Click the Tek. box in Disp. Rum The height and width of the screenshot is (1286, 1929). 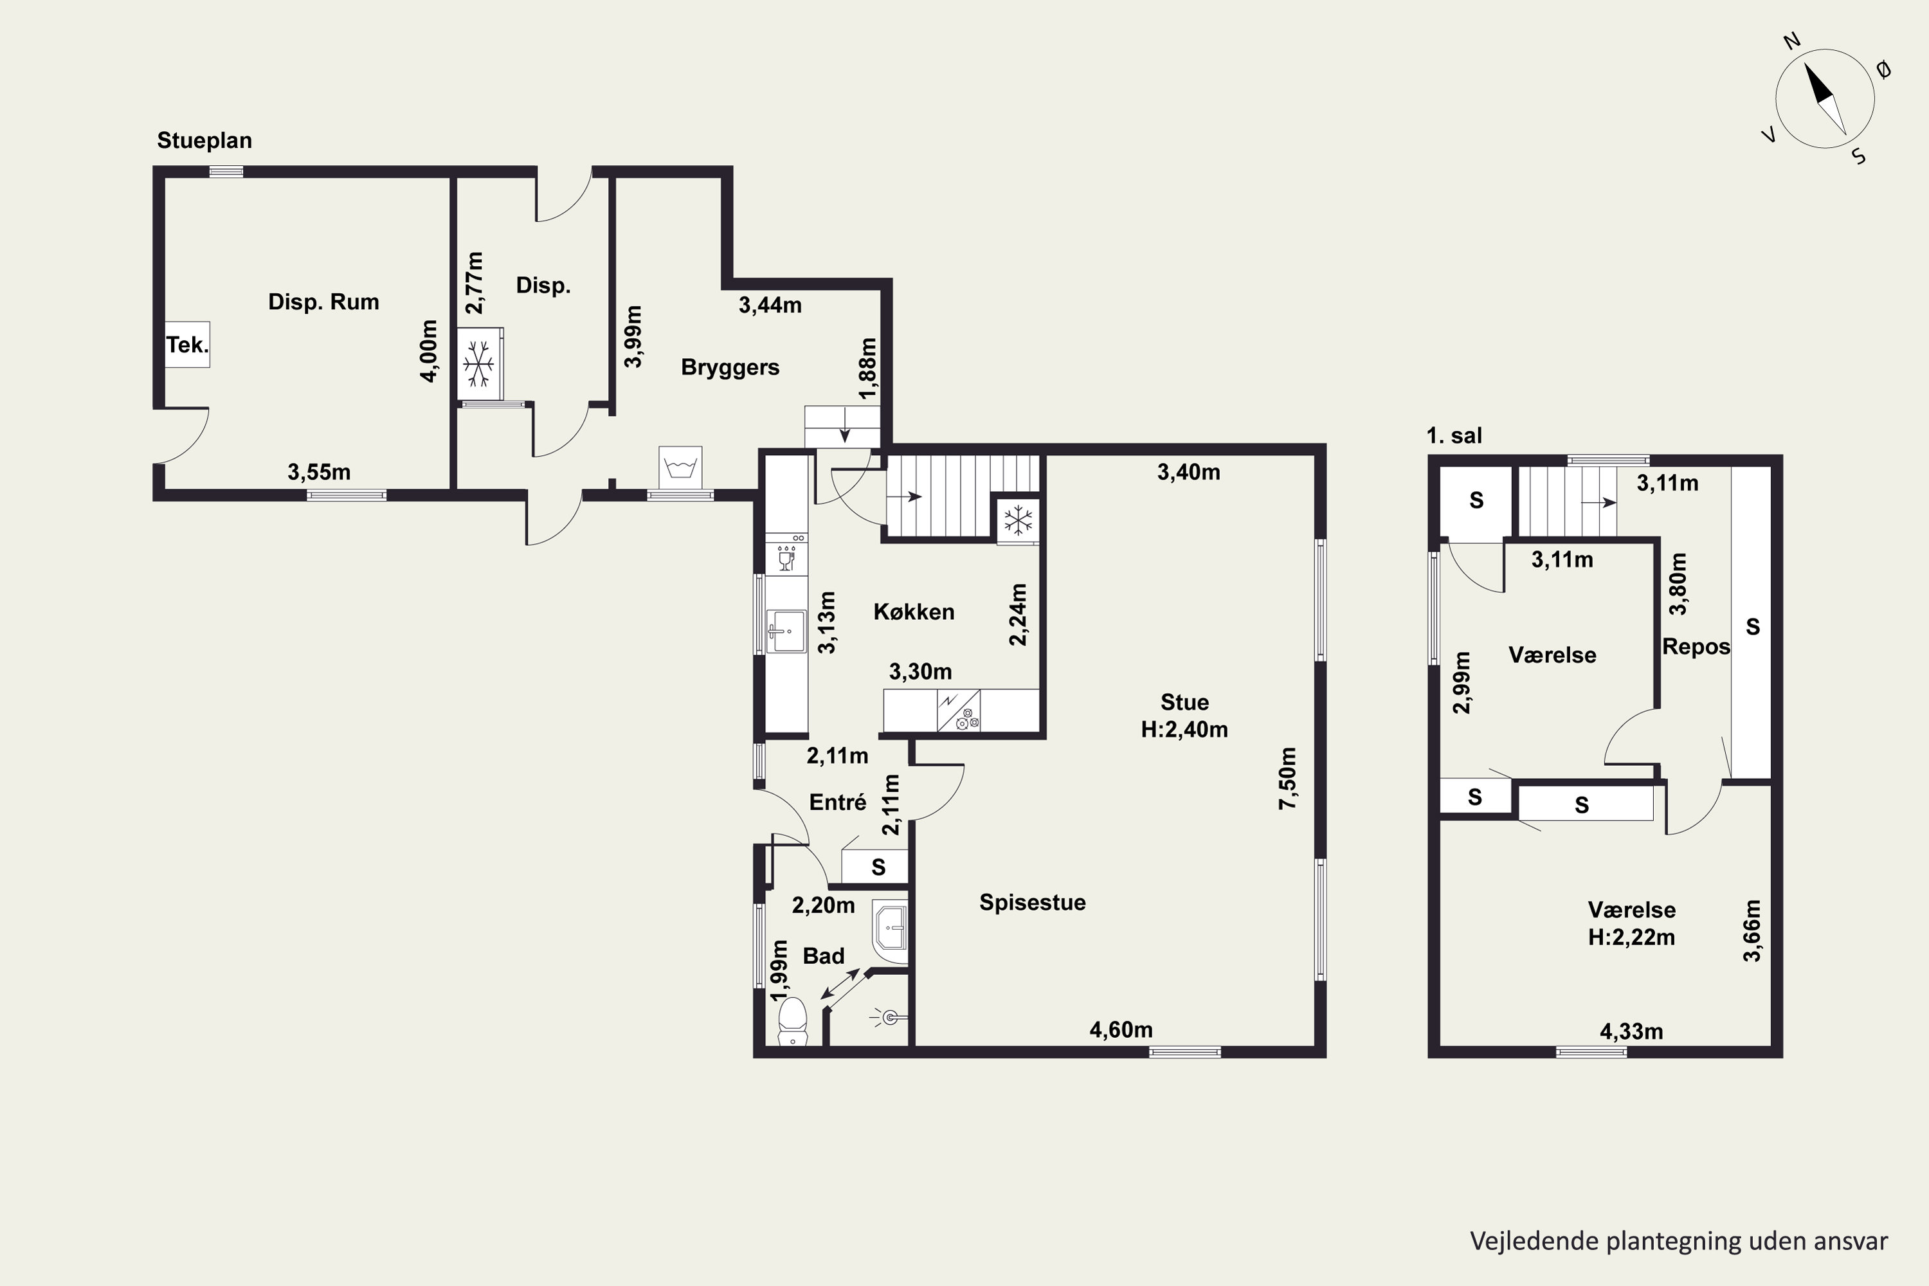click(x=187, y=345)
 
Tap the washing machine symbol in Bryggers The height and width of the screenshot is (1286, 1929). click(x=680, y=468)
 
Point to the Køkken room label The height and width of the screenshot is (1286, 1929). click(x=914, y=612)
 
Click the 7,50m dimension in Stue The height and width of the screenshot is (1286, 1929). click(x=1288, y=778)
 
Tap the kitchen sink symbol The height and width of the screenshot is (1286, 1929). click(x=786, y=631)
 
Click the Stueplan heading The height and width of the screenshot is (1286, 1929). click(x=204, y=140)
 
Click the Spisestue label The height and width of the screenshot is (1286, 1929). click(x=1033, y=902)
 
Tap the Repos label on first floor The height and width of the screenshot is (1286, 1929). click(x=1696, y=647)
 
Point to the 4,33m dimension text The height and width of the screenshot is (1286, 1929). click(x=1631, y=1032)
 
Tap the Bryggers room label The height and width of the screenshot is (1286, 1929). click(x=730, y=367)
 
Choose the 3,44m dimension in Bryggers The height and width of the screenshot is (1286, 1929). click(x=770, y=305)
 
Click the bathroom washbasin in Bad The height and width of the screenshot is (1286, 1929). click(x=891, y=932)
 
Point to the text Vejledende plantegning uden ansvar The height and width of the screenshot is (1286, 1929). click(x=1679, y=1241)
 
